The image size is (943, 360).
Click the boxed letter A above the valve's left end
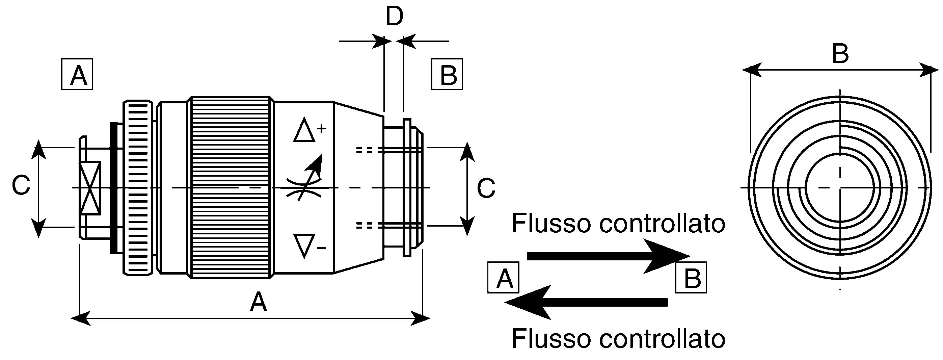click(x=77, y=74)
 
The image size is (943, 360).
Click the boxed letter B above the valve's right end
click(x=447, y=74)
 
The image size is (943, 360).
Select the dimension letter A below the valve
click(x=258, y=302)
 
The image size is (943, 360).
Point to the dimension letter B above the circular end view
click(x=840, y=54)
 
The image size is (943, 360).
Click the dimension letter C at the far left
click(x=21, y=185)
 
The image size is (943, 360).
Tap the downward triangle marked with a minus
click(x=304, y=246)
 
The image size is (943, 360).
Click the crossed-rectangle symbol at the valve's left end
click(x=90, y=188)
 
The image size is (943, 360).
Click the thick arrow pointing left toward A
click(x=586, y=302)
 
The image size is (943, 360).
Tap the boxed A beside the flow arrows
click(x=503, y=277)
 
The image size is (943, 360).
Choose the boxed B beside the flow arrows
click(x=691, y=277)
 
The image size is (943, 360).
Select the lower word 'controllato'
click(x=662, y=339)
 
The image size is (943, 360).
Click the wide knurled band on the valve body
click(x=231, y=187)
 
